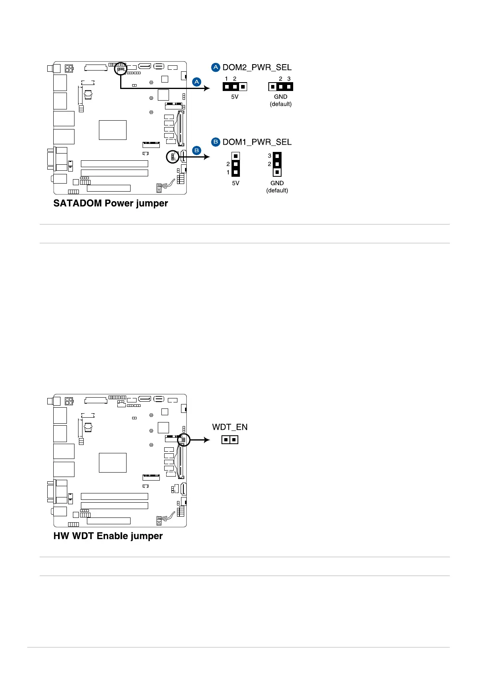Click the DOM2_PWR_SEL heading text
pyautogui.click(x=257, y=67)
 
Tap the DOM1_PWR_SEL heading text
pyautogui.click(x=257, y=142)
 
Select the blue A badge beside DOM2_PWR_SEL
pyautogui.click(x=216, y=67)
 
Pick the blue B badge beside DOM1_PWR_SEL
pyautogui.click(x=216, y=142)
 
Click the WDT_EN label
pyautogui.click(x=230, y=427)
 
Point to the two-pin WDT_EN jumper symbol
pyautogui.click(x=230, y=440)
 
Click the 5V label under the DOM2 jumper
pyautogui.click(x=235, y=97)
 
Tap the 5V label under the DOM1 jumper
pyautogui.click(x=235, y=183)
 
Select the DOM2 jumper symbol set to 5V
pyautogui.click(x=235, y=87)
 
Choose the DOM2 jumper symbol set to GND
pyautogui.click(x=281, y=87)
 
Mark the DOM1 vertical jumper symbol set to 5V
pyautogui.click(x=235, y=164)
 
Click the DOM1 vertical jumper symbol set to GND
pyautogui.click(x=277, y=164)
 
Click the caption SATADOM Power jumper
pyautogui.click(x=111, y=203)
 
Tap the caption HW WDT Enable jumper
pyautogui.click(x=108, y=536)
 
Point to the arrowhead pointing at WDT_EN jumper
pyautogui.click(x=207, y=440)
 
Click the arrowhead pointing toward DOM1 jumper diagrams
pyautogui.click(x=207, y=157)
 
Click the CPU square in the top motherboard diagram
pyautogui.click(x=113, y=130)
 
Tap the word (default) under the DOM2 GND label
pyautogui.click(x=281, y=104)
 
